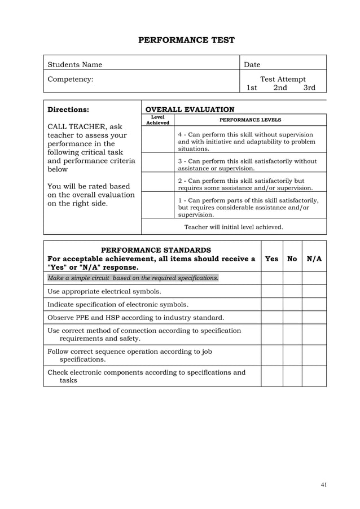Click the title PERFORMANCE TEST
coord(186,40)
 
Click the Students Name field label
coord(74,65)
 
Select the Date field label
coord(252,65)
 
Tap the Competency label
coord(70,80)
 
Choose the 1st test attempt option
coord(252,88)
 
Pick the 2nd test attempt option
coord(280,88)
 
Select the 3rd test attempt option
coord(309,88)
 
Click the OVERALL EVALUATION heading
coord(190,109)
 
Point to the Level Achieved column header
coord(157,120)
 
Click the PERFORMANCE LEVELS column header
coord(250,120)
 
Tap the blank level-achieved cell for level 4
coord(157,139)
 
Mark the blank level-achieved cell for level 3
coord(157,162)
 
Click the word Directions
coord(68,109)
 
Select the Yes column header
coord(271,259)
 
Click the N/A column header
coord(314,259)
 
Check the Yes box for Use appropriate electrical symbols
coord(271,291)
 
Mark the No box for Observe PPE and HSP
coord(292,317)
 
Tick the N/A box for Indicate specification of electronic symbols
coord(314,304)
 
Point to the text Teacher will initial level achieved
coord(234,227)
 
